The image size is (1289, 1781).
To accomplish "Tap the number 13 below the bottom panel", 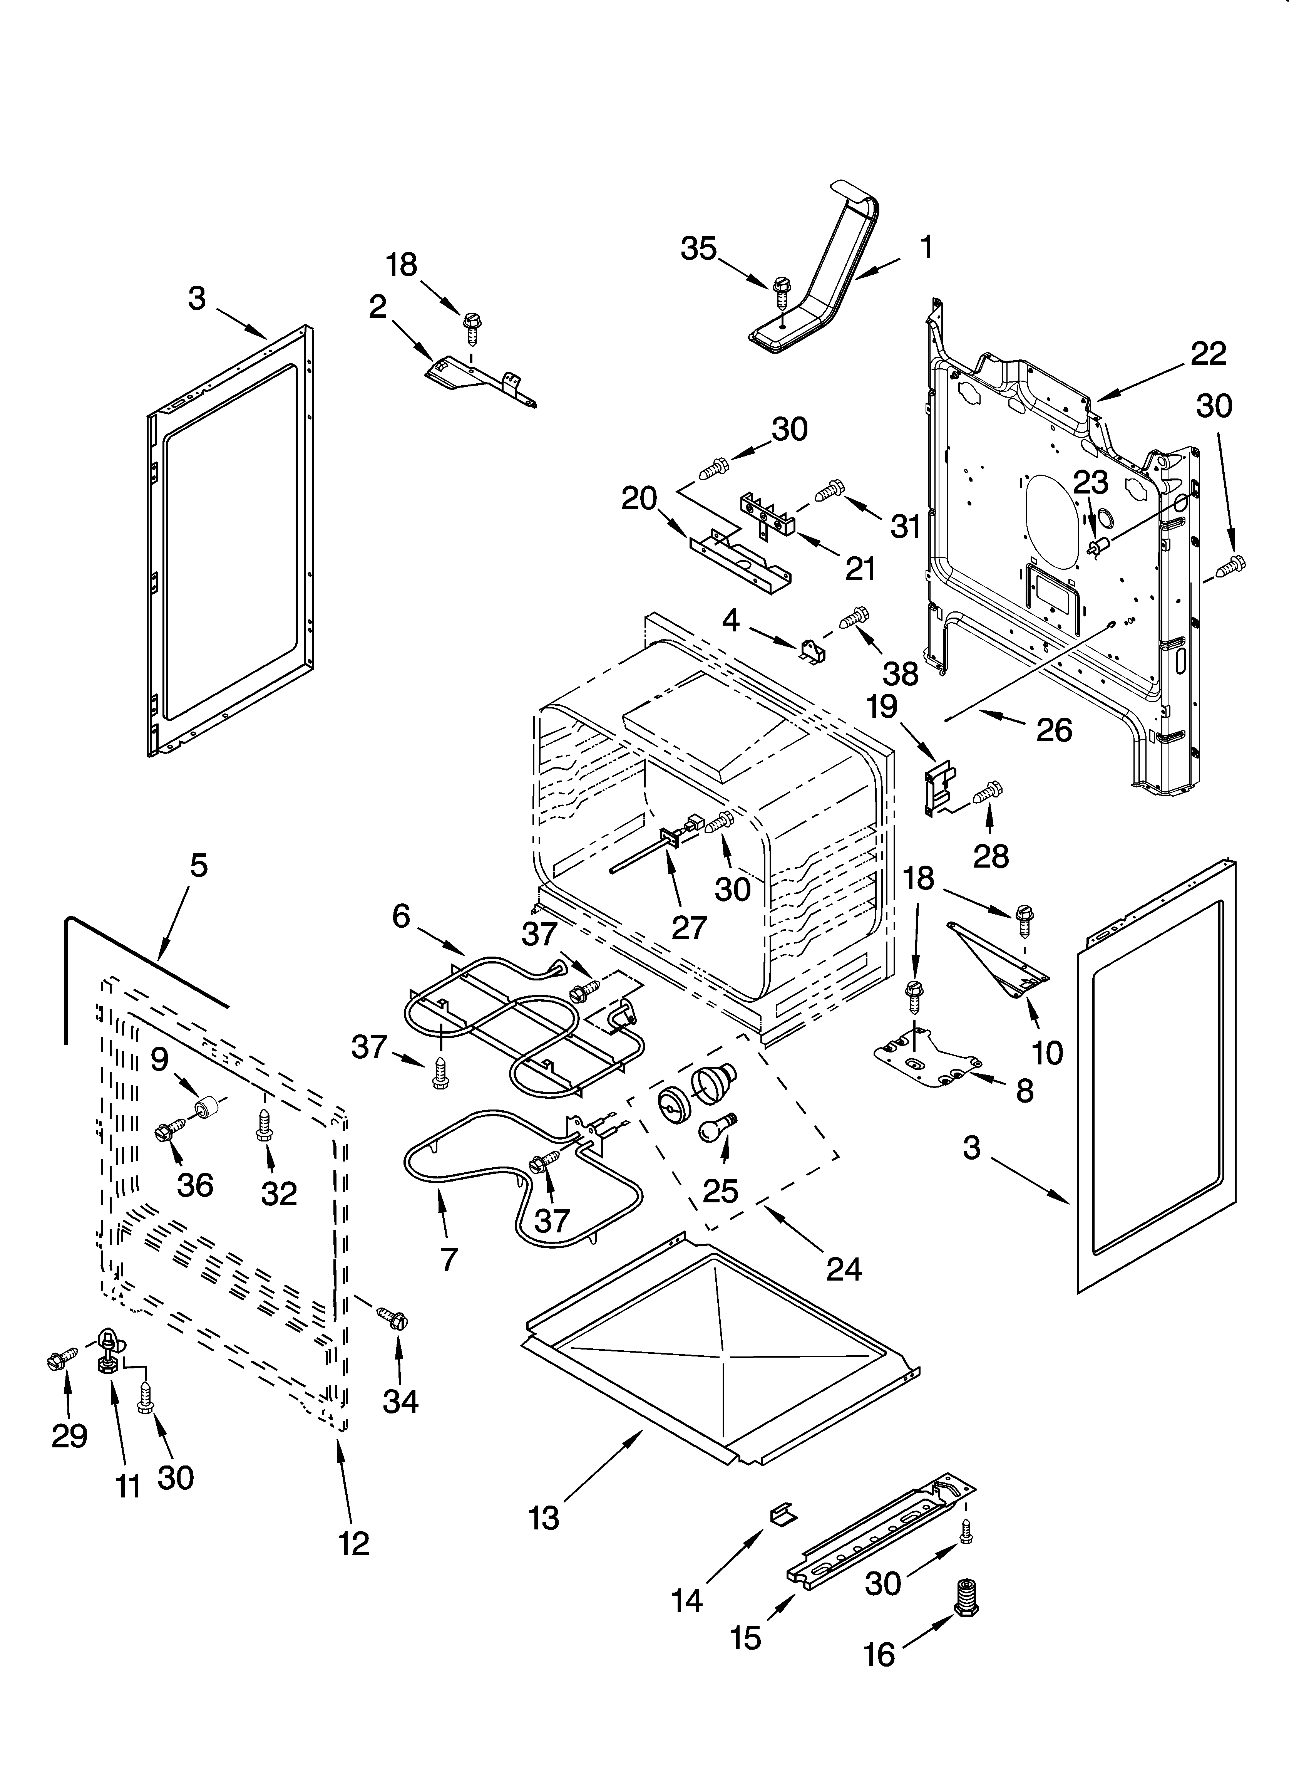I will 544,1518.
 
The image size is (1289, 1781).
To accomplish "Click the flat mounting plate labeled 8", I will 926,1062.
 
